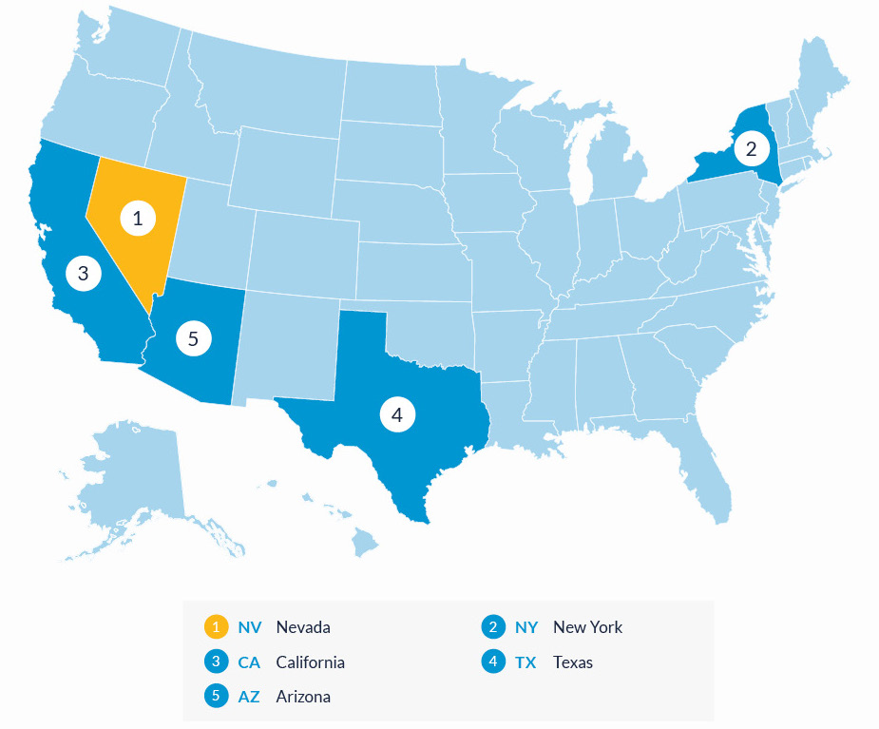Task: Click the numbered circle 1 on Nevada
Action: pyautogui.click(x=138, y=219)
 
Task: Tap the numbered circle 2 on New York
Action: pyautogui.click(x=751, y=148)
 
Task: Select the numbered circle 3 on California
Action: pyautogui.click(x=84, y=274)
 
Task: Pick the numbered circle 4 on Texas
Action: pyautogui.click(x=397, y=414)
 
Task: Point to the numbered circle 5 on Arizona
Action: pyautogui.click(x=193, y=337)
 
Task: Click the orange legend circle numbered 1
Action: pyautogui.click(x=217, y=627)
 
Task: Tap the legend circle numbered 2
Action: pyautogui.click(x=493, y=627)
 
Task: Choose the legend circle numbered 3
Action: pyautogui.click(x=217, y=662)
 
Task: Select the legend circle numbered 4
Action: pyautogui.click(x=493, y=662)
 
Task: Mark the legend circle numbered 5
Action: pyautogui.click(x=217, y=696)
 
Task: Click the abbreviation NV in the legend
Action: pyautogui.click(x=249, y=627)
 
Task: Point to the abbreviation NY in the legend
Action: pyautogui.click(x=526, y=627)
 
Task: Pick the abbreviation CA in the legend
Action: pyautogui.click(x=249, y=662)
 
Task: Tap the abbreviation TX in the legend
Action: pyautogui.click(x=525, y=662)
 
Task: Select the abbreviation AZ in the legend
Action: pyautogui.click(x=249, y=697)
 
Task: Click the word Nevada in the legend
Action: pyautogui.click(x=303, y=627)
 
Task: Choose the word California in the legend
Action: pyautogui.click(x=310, y=662)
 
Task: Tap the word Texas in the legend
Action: pyautogui.click(x=573, y=662)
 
